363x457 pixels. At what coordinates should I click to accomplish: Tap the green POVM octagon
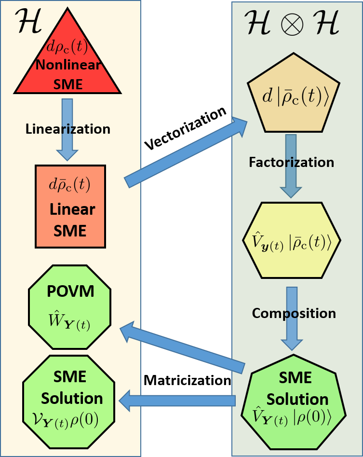(x=70, y=306)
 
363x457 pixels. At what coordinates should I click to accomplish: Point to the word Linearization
(x=67, y=129)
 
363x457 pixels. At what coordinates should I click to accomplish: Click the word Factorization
(x=291, y=162)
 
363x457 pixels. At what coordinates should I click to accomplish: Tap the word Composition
(x=294, y=313)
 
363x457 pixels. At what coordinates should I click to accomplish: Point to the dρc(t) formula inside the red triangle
(x=67, y=47)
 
